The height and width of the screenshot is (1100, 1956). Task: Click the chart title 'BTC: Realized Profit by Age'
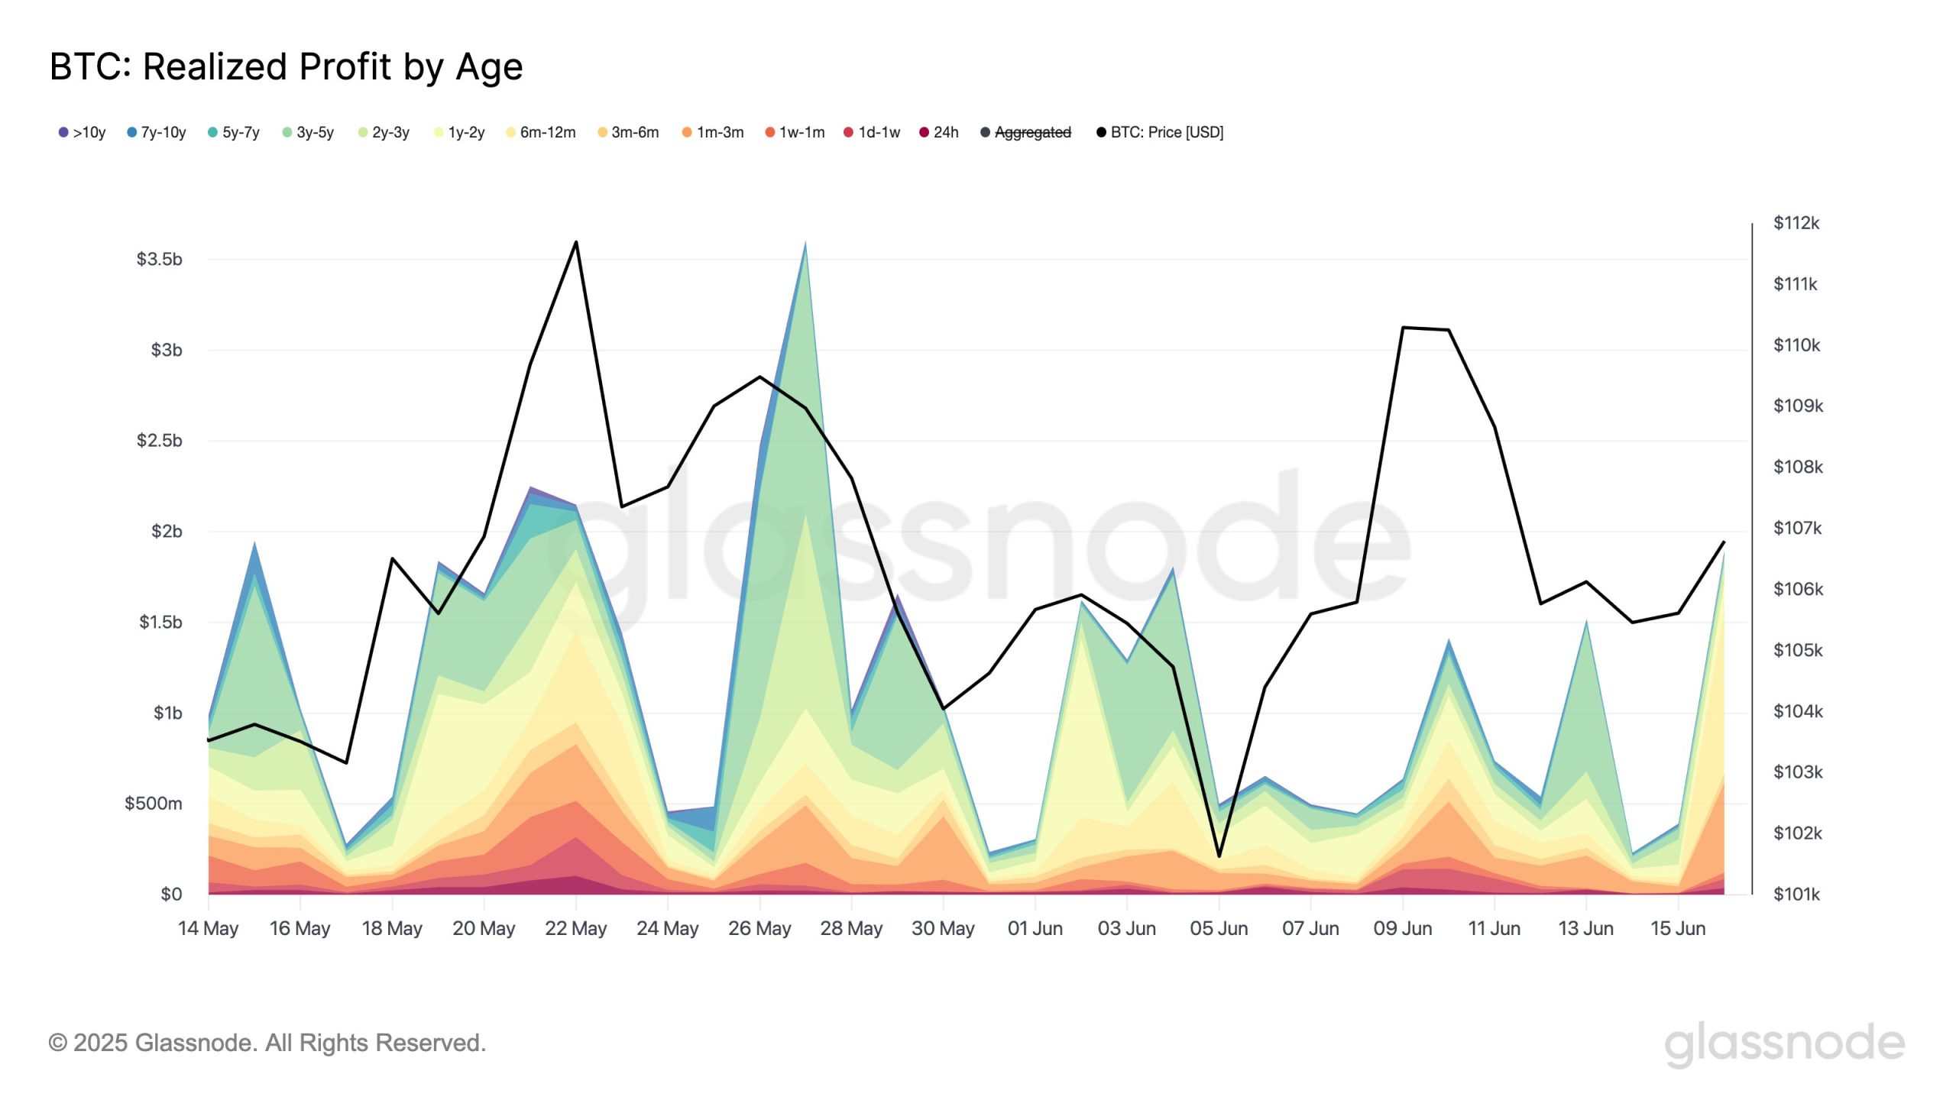coord(286,67)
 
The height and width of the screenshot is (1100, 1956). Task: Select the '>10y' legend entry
coord(83,132)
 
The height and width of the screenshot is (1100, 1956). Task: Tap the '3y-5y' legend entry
coord(308,132)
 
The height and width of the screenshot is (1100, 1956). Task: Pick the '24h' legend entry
coord(939,132)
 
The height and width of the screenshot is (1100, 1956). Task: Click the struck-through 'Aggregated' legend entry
coord(1026,132)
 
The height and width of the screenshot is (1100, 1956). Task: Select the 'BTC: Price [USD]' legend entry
coord(1160,132)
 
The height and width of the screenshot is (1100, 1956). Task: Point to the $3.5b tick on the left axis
coord(159,260)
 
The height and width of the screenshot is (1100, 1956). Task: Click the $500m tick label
coord(154,804)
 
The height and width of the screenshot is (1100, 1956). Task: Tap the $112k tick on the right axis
coord(1796,223)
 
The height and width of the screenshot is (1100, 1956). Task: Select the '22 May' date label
coord(575,929)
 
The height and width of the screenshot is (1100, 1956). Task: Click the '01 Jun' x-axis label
coord(1035,929)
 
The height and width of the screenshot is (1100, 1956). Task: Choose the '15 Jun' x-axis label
coord(1678,929)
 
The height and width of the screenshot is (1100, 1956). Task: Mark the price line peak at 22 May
coord(576,242)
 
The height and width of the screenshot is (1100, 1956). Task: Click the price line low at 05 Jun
coord(1219,856)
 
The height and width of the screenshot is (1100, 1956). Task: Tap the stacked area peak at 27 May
coord(805,244)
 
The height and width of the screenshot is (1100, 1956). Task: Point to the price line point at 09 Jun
coord(1403,328)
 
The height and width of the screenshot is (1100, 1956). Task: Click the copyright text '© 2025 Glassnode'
coord(267,1043)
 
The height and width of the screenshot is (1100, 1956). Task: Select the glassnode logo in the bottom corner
coord(1784,1043)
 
